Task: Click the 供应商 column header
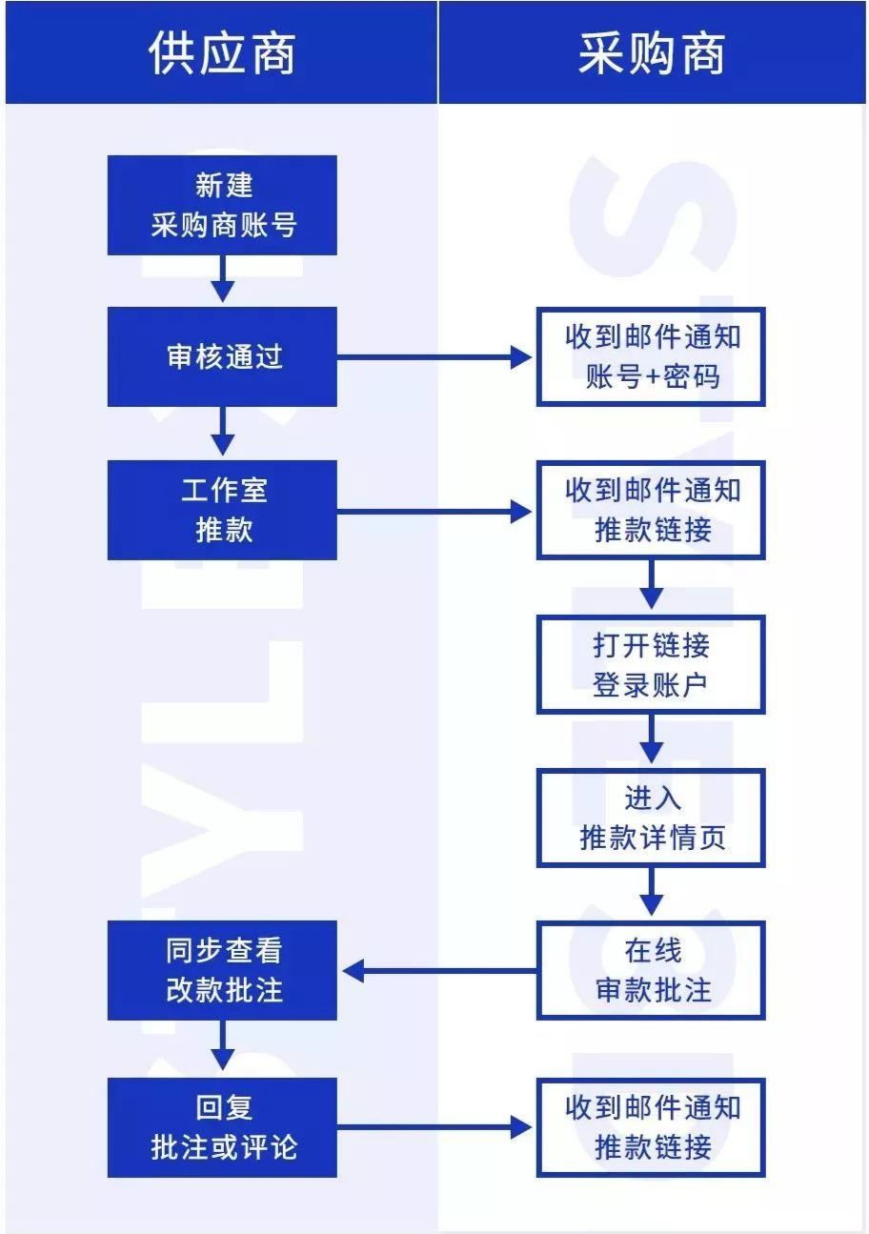click(x=221, y=52)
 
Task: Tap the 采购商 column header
click(x=652, y=52)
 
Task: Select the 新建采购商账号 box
click(x=222, y=206)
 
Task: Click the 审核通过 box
click(x=222, y=357)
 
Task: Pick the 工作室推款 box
click(x=222, y=510)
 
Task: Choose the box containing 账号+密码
click(x=651, y=357)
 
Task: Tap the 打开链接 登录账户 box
click(x=651, y=664)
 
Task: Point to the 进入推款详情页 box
click(x=651, y=818)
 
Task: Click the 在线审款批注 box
click(x=651, y=971)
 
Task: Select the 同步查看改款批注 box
click(x=222, y=971)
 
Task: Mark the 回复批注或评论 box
click(x=222, y=1127)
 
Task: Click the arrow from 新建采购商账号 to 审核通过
click(x=222, y=279)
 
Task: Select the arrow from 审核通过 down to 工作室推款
click(x=222, y=432)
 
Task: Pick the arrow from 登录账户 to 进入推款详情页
click(x=651, y=739)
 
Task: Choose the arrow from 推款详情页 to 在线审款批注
click(x=651, y=893)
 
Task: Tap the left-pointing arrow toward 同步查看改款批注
click(x=438, y=971)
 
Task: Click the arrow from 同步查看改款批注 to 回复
click(x=222, y=1047)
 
